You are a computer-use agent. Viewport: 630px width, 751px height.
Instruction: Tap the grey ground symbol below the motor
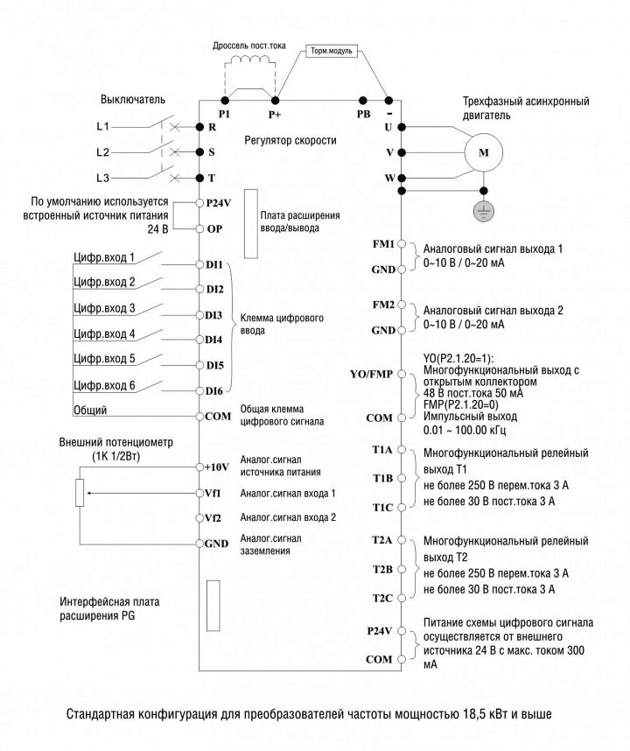click(x=484, y=211)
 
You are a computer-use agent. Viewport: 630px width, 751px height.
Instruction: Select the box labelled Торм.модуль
click(x=332, y=51)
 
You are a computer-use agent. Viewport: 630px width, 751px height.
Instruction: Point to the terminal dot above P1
click(x=225, y=101)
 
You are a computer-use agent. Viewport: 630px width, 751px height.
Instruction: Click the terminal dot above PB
click(x=363, y=101)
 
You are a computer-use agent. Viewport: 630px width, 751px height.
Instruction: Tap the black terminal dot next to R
click(x=199, y=127)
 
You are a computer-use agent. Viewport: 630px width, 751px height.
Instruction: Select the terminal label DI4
click(x=213, y=340)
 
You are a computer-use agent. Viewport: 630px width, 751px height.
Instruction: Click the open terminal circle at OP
click(x=199, y=228)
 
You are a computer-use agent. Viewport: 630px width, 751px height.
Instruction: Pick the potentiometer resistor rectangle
click(x=80, y=493)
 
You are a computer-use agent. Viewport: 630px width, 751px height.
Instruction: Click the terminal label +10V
click(x=216, y=467)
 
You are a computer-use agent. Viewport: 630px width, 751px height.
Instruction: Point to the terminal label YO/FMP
click(x=371, y=374)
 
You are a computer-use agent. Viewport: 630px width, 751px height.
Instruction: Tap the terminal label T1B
click(x=382, y=478)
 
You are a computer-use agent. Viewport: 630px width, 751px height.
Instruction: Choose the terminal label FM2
click(x=383, y=305)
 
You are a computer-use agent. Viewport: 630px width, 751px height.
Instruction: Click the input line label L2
click(x=103, y=152)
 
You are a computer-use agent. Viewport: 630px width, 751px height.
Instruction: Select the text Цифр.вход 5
click(x=104, y=359)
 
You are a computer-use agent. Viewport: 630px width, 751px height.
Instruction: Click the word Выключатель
click(x=133, y=100)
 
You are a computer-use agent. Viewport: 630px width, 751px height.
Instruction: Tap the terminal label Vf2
click(x=213, y=518)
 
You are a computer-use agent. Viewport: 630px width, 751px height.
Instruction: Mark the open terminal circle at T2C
click(x=401, y=598)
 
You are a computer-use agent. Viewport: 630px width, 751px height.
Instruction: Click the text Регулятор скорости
click(x=290, y=140)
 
